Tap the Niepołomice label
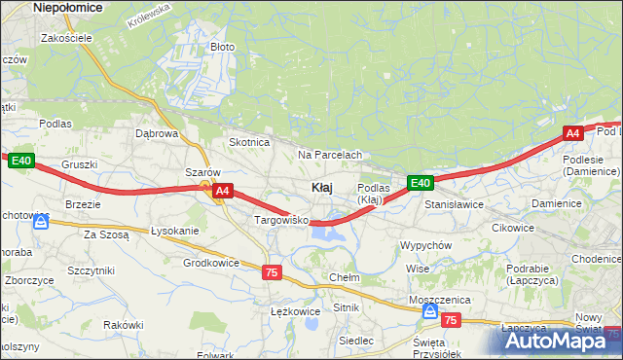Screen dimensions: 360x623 67,7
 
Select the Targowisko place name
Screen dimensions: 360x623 281,221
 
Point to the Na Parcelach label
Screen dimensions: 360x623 330,155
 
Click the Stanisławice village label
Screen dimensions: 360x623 454,205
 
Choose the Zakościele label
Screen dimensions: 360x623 66,38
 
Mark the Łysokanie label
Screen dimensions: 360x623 175,231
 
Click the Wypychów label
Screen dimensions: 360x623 425,245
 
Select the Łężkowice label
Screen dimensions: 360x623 294,311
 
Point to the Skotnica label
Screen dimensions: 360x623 248,142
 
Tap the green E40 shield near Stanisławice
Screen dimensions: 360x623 420,182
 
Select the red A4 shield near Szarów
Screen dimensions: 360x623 222,191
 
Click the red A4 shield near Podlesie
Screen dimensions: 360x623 573,133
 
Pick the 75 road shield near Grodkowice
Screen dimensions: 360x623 272,273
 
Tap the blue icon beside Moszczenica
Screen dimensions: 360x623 429,311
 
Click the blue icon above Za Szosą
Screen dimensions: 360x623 41,222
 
